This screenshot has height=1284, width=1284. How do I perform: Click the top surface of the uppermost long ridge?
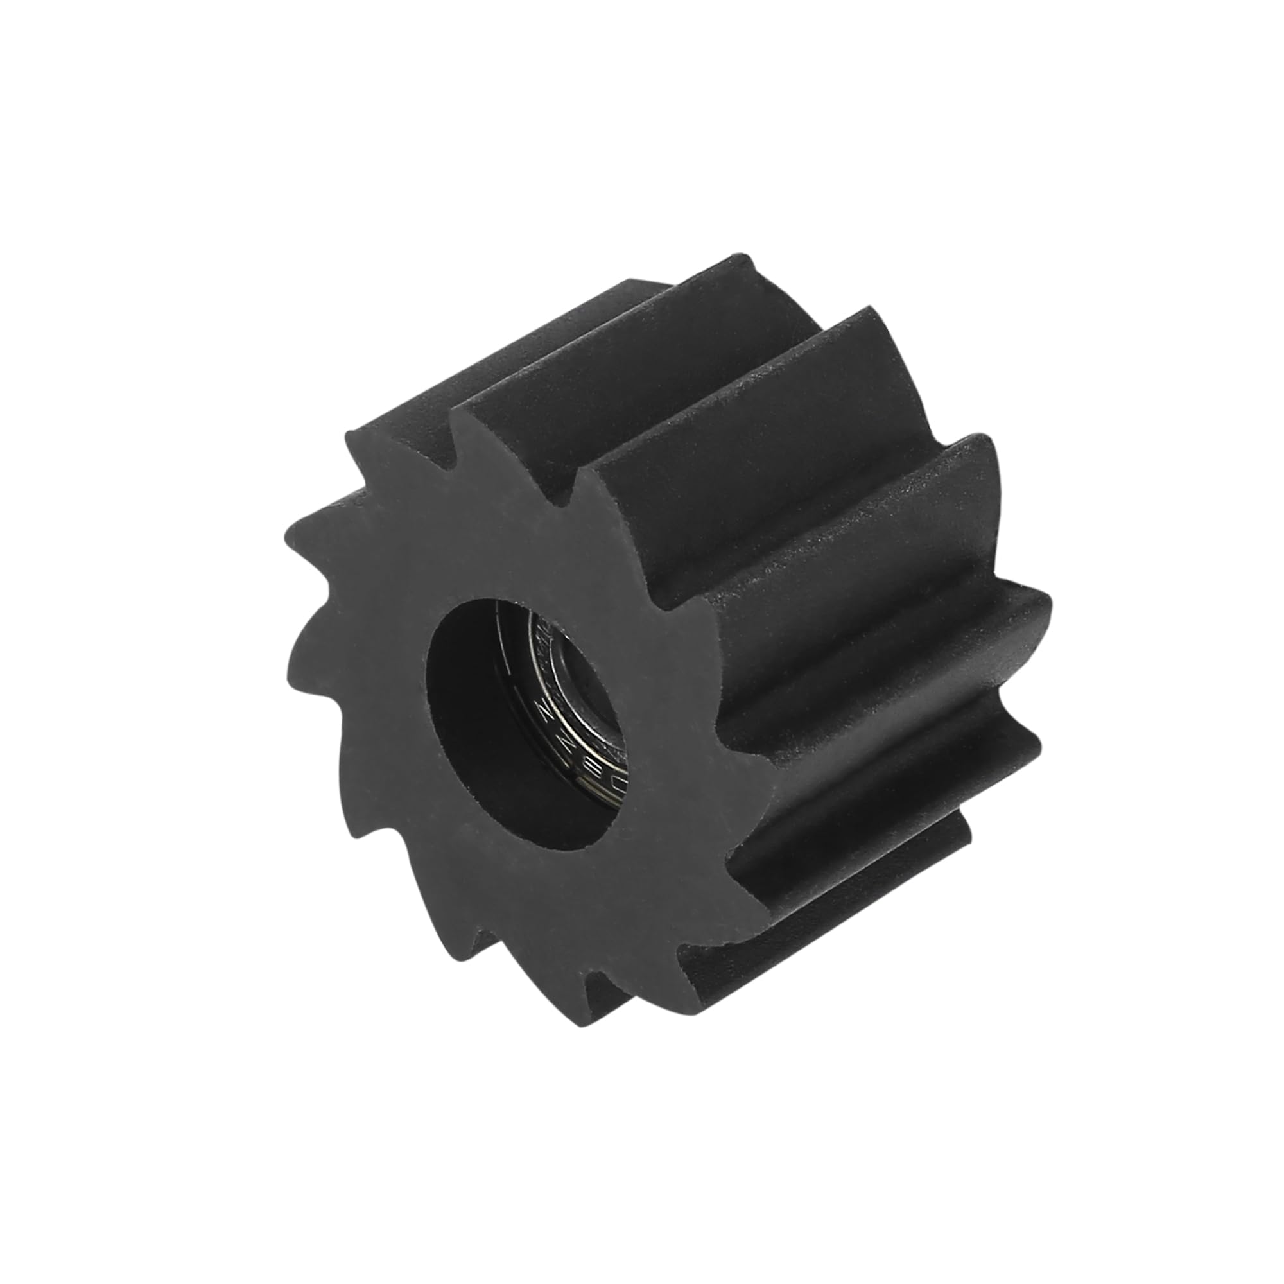[x=664, y=333]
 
